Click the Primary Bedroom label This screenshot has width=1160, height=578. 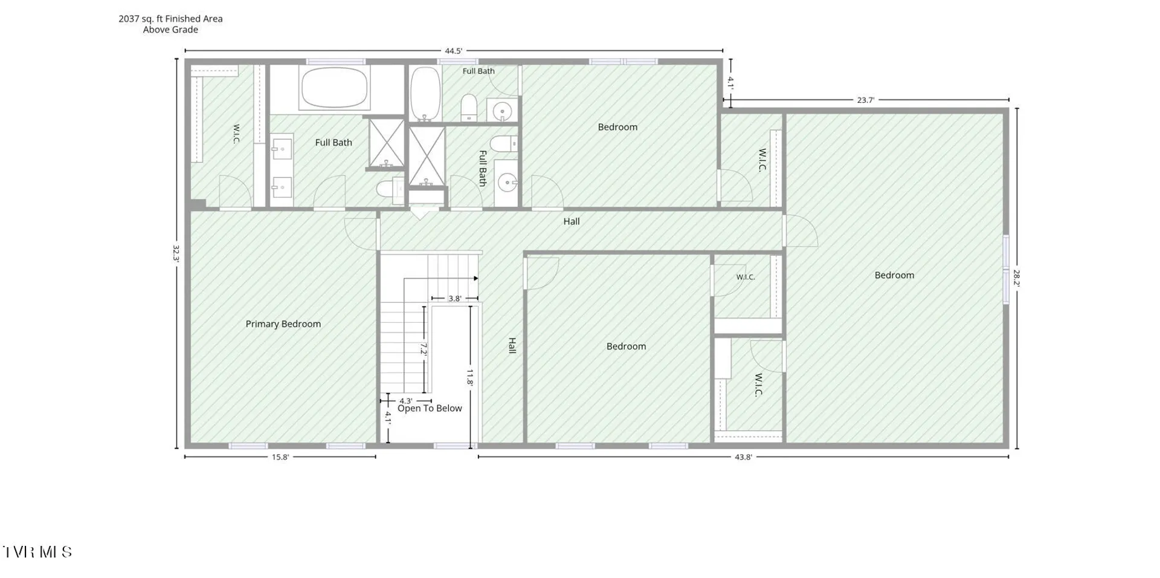(283, 324)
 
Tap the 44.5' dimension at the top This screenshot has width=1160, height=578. (453, 51)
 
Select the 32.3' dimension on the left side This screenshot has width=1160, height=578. (176, 253)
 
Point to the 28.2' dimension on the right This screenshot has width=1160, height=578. (1017, 278)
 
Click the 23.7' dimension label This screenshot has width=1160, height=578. (865, 100)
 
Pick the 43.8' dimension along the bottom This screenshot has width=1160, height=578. (743, 457)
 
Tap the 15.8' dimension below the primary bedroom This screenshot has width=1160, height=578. (280, 457)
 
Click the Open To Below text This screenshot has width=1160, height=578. (430, 408)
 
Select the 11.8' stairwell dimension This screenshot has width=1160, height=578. (470, 377)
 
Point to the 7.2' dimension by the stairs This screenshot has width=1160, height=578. (424, 349)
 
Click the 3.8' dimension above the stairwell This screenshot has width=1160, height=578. (455, 299)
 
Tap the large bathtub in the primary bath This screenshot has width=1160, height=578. (334, 88)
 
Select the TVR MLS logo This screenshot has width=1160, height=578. (37, 551)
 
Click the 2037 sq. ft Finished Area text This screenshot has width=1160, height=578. (170, 19)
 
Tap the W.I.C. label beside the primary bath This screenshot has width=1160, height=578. (236, 134)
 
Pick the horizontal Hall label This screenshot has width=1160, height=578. (572, 221)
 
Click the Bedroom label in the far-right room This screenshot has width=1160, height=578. (894, 275)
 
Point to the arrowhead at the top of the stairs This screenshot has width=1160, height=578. (476, 278)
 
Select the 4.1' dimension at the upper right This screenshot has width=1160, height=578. (731, 83)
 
